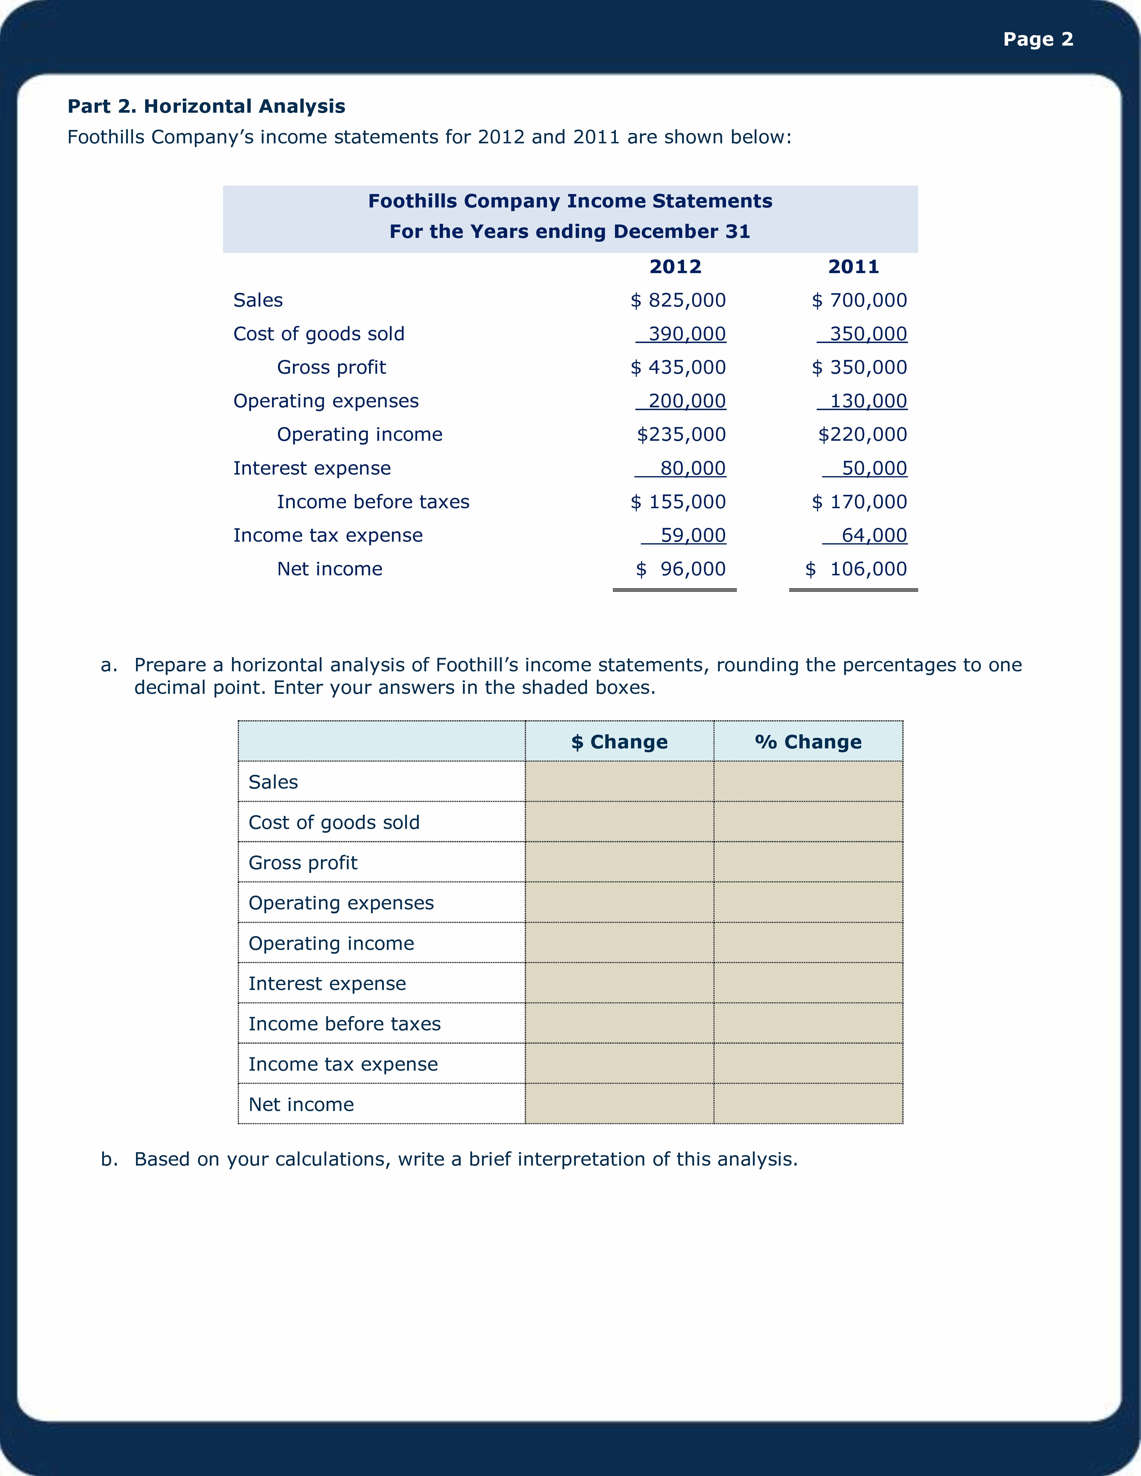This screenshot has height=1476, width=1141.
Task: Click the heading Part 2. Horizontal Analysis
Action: pyautogui.click(x=206, y=106)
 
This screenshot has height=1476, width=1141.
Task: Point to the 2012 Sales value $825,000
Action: pyautogui.click(x=678, y=300)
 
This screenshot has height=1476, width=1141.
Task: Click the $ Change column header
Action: pyautogui.click(x=619, y=742)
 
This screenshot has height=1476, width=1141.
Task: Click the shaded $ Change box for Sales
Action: pyautogui.click(x=619, y=782)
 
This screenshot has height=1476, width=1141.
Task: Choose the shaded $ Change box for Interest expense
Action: pyautogui.click(x=619, y=983)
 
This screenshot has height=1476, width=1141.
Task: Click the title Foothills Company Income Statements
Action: pyautogui.click(x=570, y=201)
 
